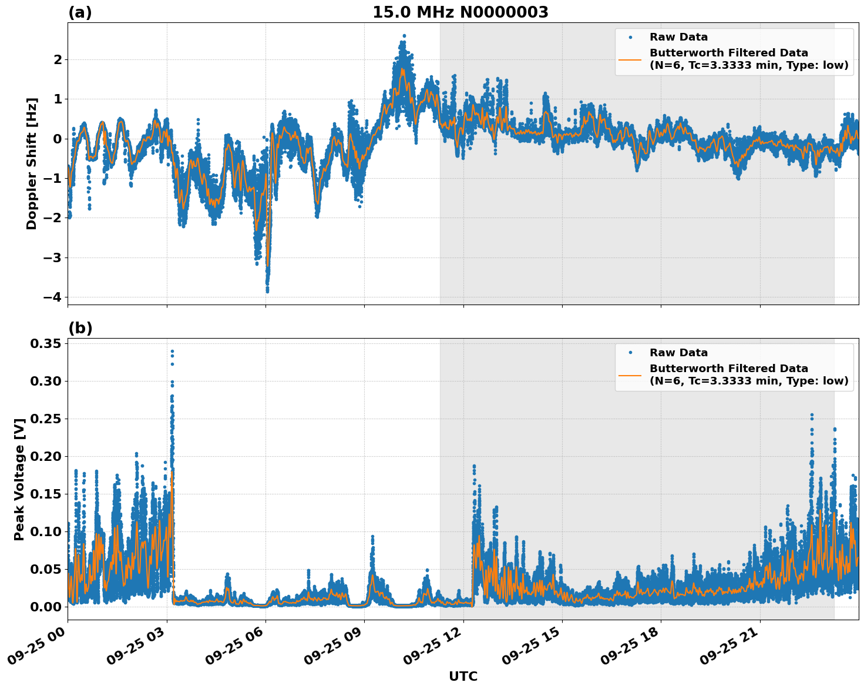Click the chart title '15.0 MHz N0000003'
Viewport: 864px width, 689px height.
tap(460, 12)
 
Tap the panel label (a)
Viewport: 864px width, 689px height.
tap(80, 12)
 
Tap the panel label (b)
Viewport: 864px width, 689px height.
tap(80, 328)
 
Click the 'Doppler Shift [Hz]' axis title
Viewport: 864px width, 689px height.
tap(32, 163)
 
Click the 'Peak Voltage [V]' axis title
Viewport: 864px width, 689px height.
tap(19, 479)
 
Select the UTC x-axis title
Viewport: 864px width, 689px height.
tap(463, 676)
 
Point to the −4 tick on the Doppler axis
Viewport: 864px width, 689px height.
tap(52, 297)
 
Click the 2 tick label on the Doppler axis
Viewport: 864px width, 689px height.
tap(58, 59)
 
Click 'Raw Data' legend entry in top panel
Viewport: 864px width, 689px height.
tap(678, 37)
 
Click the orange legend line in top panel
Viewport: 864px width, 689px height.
tap(630, 59)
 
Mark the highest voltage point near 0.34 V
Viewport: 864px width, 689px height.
tap(172, 351)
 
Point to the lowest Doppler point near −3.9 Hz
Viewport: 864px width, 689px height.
tap(267, 290)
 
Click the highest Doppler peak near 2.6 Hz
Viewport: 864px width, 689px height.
tap(404, 36)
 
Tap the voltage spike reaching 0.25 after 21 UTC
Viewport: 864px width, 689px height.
tap(812, 415)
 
